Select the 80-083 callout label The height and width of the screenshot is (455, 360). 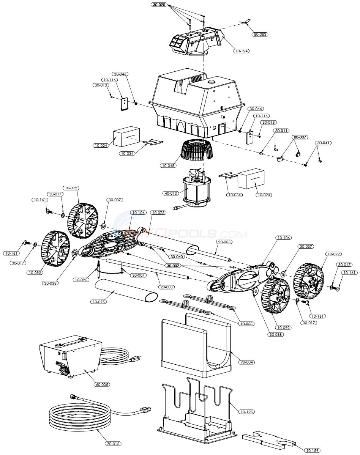pyautogui.click(x=260, y=34)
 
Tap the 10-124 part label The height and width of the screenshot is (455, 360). pyautogui.click(x=242, y=51)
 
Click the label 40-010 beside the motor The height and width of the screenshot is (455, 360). pyautogui.click(x=171, y=193)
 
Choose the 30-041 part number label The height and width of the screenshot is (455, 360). pyautogui.click(x=323, y=143)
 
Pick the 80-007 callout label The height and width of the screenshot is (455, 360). pyautogui.click(x=300, y=137)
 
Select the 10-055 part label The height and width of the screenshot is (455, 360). pyautogui.click(x=246, y=324)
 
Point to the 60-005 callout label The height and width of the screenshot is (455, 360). pyautogui.click(x=102, y=384)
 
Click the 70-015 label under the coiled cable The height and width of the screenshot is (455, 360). pyautogui.click(x=114, y=443)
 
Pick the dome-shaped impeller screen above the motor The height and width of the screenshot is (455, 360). pyautogui.click(x=197, y=152)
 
